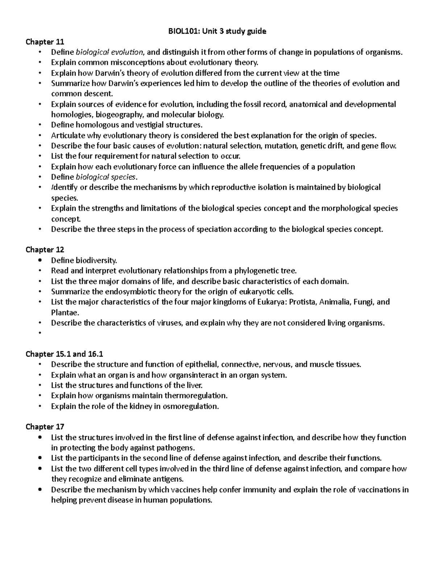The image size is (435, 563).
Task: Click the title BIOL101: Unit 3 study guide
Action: click(217, 31)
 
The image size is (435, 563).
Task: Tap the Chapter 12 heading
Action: click(45, 249)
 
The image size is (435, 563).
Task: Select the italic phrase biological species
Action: click(106, 177)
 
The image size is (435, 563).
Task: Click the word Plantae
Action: click(65, 312)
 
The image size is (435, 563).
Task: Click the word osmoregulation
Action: click(191, 406)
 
